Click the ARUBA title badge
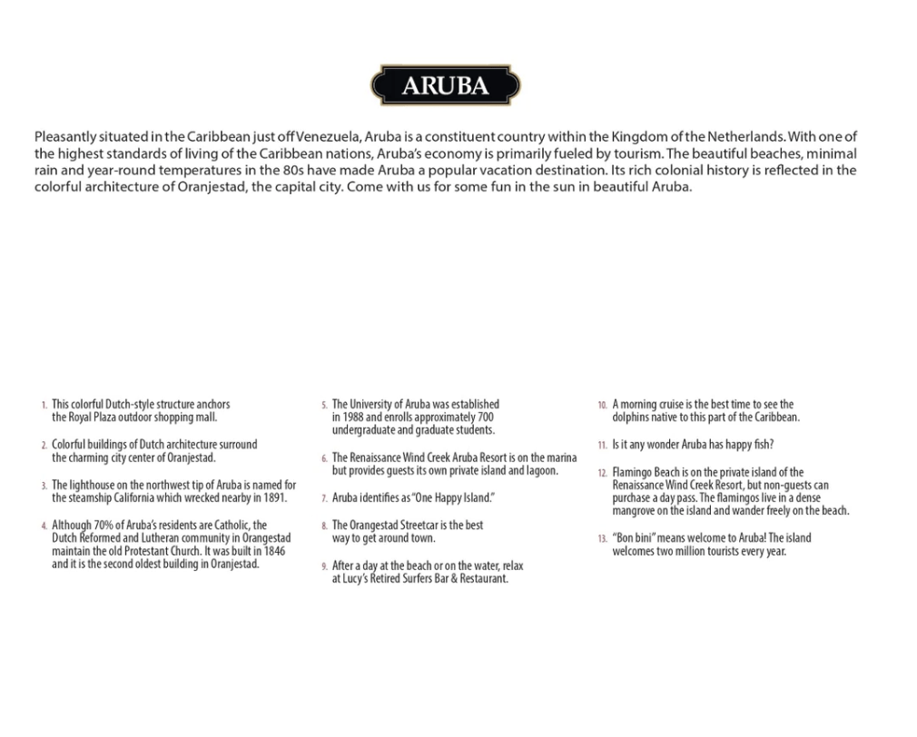pyautogui.click(x=445, y=85)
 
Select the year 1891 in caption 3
pyautogui.click(x=273, y=497)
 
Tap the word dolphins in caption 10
pyautogui.click(x=633, y=418)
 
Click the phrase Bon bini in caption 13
pyautogui.click(x=636, y=538)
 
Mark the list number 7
pyautogui.click(x=324, y=498)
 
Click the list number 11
pyautogui.click(x=602, y=446)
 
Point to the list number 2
pyautogui.click(x=44, y=446)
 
